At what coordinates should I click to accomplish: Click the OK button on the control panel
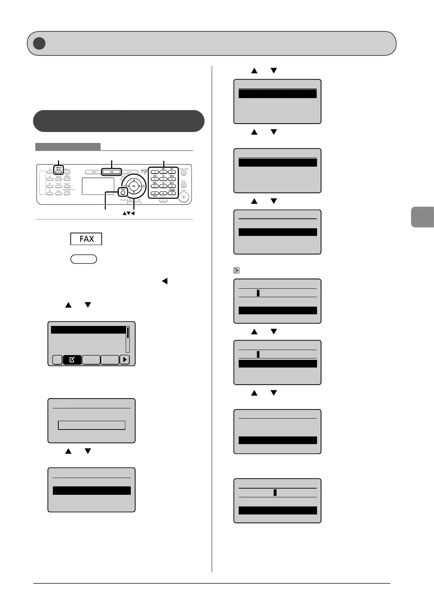pos(134,186)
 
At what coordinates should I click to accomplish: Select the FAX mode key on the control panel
pos(111,172)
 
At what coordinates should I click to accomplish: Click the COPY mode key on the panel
pos(94,172)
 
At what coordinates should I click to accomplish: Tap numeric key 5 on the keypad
pos(163,179)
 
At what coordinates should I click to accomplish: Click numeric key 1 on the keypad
pos(155,172)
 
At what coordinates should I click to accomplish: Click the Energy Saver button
pos(184,173)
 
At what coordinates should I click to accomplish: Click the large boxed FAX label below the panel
pos(86,239)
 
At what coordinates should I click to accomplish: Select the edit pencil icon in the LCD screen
pos(72,360)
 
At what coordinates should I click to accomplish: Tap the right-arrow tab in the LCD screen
pos(125,360)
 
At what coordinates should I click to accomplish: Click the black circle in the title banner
pos(39,43)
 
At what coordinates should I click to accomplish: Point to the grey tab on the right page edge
pos(422,217)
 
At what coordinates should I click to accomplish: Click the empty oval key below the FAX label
pos(83,259)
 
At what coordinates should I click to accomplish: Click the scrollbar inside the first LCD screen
pos(128,339)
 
